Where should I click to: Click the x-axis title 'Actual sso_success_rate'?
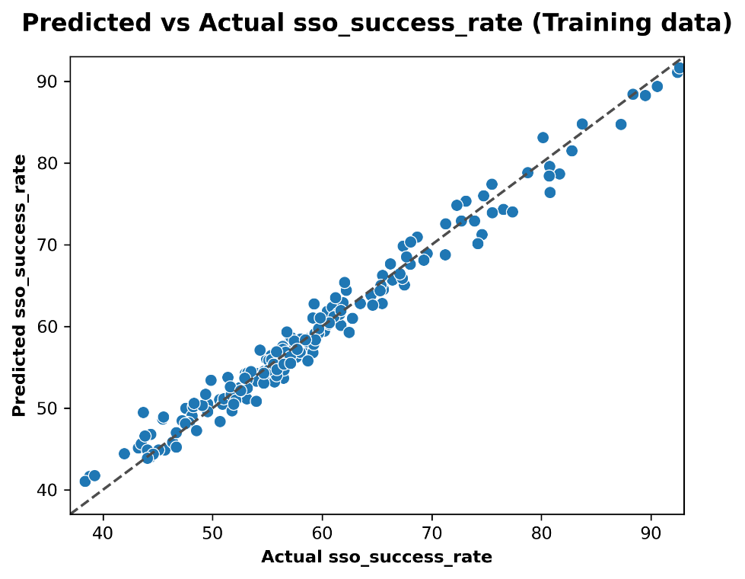point(377,557)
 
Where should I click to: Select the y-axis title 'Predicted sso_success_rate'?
point(20,286)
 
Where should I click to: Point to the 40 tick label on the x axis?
point(103,531)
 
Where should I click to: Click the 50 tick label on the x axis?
point(212,531)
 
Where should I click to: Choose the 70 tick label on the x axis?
point(432,531)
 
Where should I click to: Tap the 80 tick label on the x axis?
point(542,531)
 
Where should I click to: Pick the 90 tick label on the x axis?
point(651,531)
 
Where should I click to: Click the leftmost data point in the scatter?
point(85,481)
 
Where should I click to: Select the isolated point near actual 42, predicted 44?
point(124,453)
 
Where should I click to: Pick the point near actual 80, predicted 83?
point(543,138)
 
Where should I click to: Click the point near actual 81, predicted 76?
point(549,193)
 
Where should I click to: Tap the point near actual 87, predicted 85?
point(620,124)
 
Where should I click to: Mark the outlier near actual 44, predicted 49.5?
point(143,412)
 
